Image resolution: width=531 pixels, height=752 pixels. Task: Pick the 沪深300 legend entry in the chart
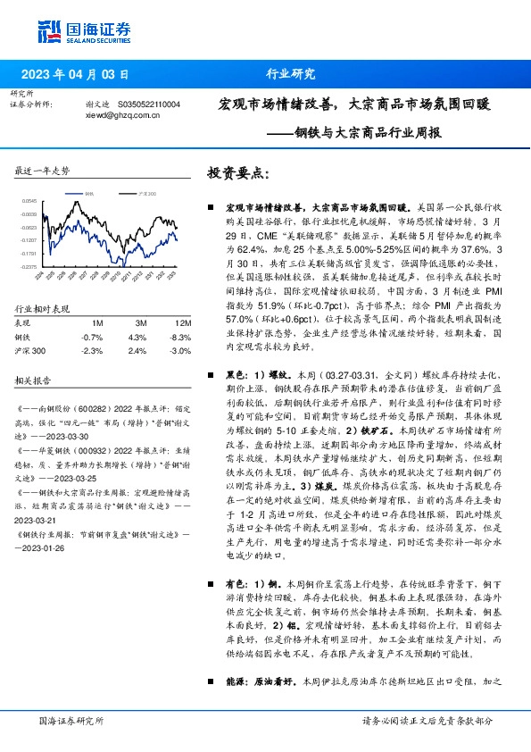(x=148, y=192)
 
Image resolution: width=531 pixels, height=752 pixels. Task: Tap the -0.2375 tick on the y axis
(x=29, y=267)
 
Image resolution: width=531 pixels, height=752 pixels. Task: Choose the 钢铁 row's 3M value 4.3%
(x=137, y=337)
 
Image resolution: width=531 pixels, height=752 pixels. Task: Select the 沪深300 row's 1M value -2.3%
(x=91, y=351)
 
